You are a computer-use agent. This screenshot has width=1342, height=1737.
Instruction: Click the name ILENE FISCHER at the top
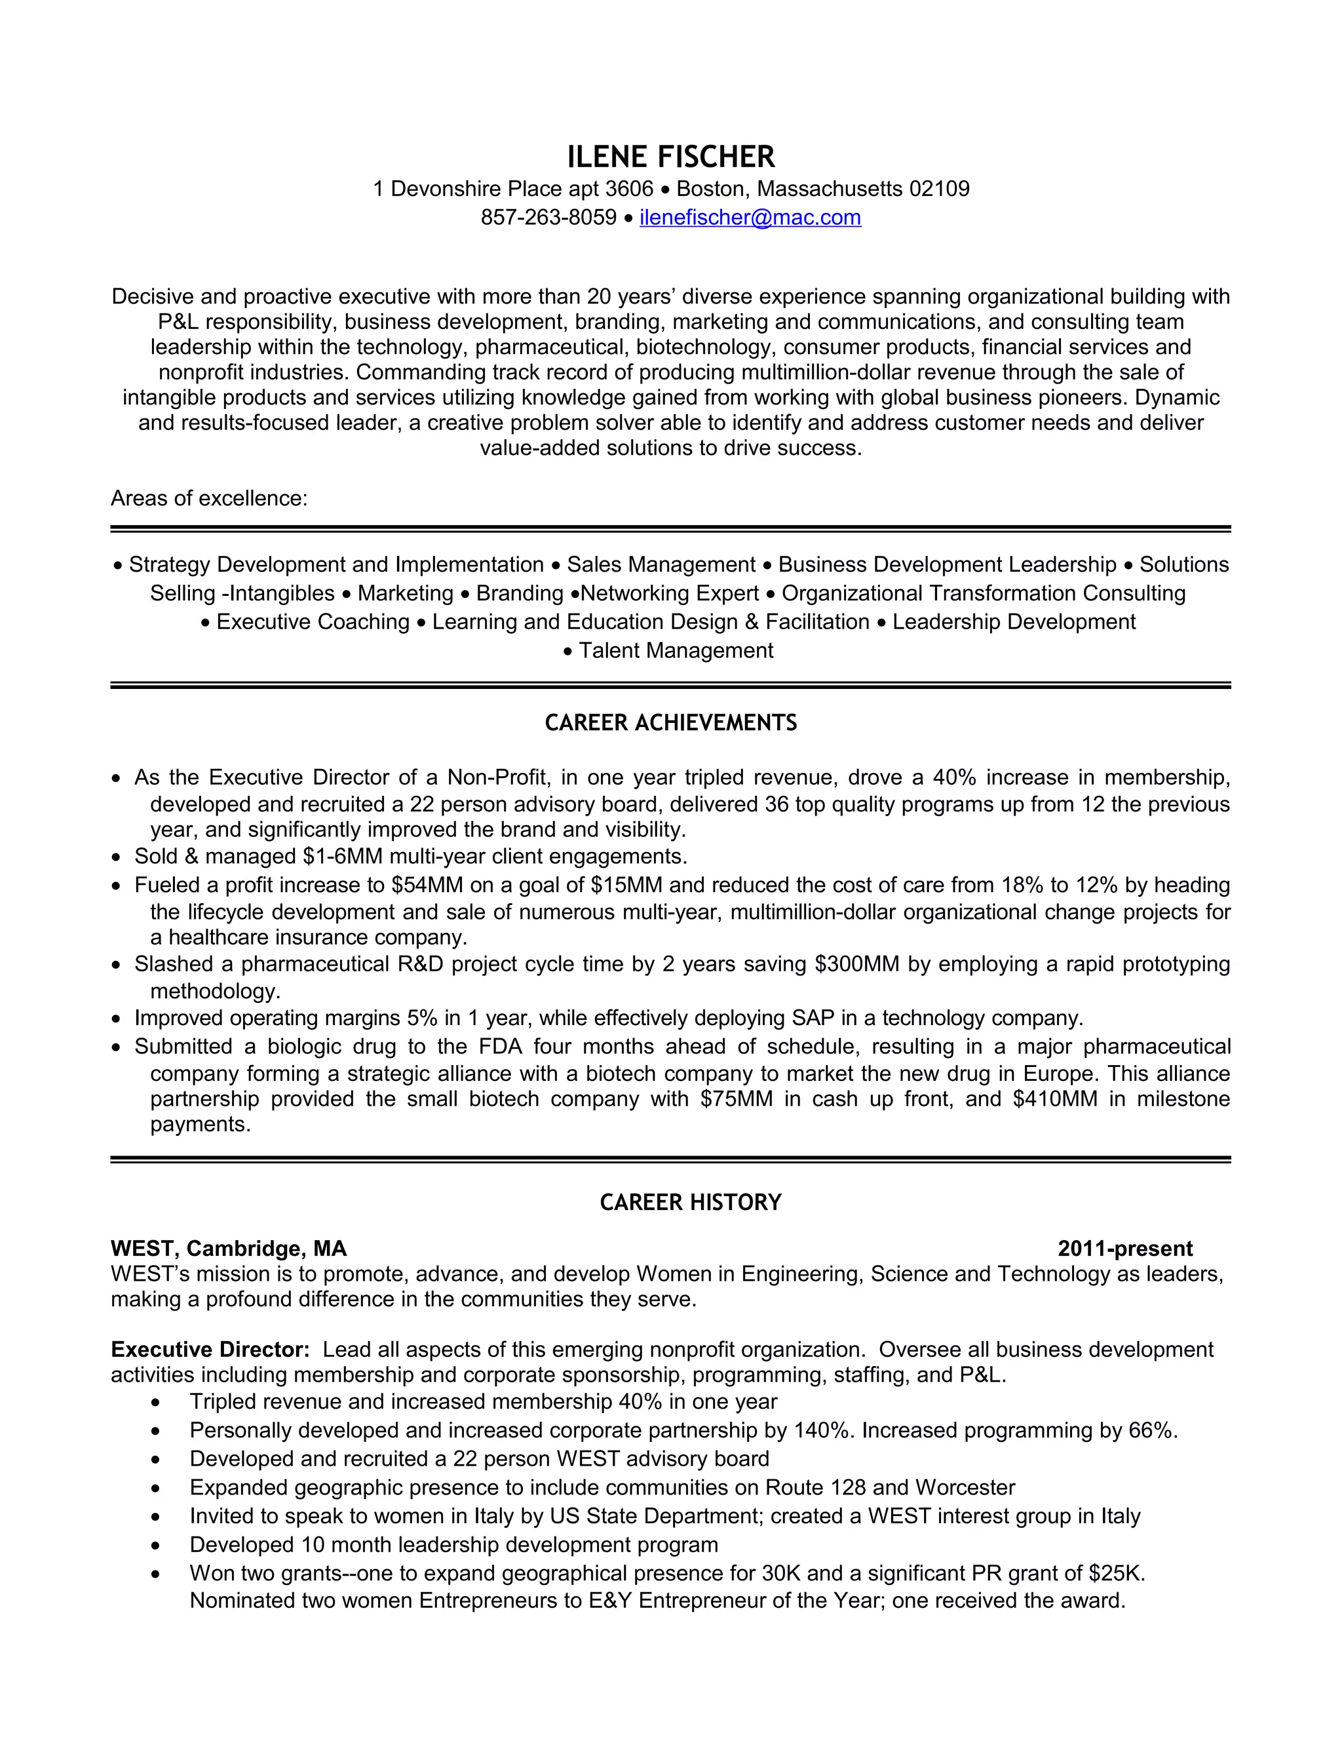pyautogui.click(x=670, y=157)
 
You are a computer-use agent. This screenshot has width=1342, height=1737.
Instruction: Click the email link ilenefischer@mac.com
pyautogui.click(x=750, y=217)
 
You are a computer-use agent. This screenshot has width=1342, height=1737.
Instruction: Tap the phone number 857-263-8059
pyautogui.click(x=548, y=217)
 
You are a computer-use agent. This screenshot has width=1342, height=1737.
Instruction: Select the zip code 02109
pyautogui.click(x=939, y=189)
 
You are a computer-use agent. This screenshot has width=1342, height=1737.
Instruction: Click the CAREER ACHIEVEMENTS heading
pyautogui.click(x=670, y=722)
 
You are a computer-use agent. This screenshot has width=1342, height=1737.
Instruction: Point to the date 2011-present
pyautogui.click(x=1124, y=1249)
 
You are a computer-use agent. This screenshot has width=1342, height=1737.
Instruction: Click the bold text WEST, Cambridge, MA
pyautogui.click(x=229, y=1249)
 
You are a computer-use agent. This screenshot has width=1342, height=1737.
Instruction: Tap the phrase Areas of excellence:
pyautogui.click(x=209, y=498)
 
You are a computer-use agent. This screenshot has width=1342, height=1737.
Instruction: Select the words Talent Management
pyautogui.click(x=676, y=651)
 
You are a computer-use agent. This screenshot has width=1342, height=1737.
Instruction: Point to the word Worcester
pyautogui.click(x=965, y=1487)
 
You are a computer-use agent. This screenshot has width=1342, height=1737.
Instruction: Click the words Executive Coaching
pyautogui.click(x=313, y=622)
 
